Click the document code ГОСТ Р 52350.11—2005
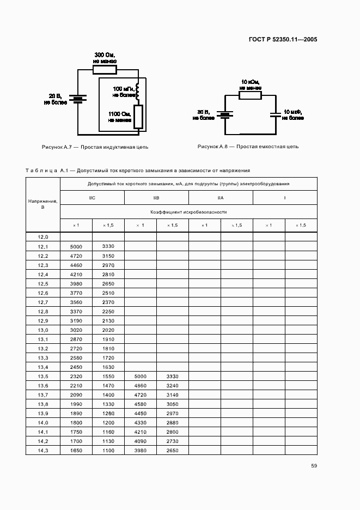(x=283, y=39)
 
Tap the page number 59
(x=314, y=465)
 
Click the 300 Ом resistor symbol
(x=105, y=70)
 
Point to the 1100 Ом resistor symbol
(x=138, y=116)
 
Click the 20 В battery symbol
(x=78, y=99)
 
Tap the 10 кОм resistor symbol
(x=250, y=95)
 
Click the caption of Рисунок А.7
(x=95, y=147)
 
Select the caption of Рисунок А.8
(x=248, y=147)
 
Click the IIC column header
(x=92, y=198)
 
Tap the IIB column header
(x=156, y=198)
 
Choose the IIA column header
(x=221, y=198)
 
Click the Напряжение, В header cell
(x=42, y=204)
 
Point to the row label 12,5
(x=42, y=284)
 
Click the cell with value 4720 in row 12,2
(x=76, y=256)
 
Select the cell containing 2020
(x=108, y=330)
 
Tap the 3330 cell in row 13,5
(x=172, y=377)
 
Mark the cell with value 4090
(x=140, y=441)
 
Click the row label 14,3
(x=42, y=451)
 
